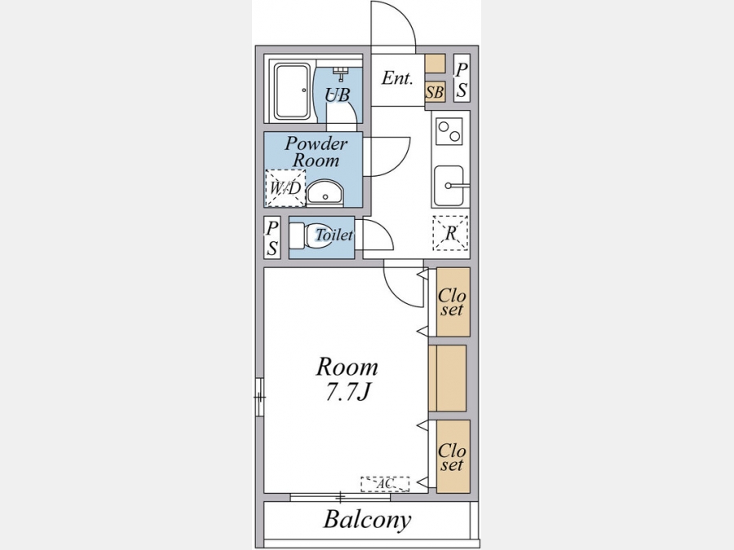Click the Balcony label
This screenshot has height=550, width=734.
pos(367,519)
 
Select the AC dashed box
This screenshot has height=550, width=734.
pos(385,484)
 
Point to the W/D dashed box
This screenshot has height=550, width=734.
pos(285,188)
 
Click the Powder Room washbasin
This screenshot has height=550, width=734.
pos(325,192)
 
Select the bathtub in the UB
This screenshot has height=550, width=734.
pos(292,91)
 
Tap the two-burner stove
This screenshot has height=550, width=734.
pos(449,130)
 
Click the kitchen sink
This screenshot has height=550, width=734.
pos(449,186)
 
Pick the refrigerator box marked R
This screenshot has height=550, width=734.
pos(450,233)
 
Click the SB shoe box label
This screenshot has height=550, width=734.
pos(435,92)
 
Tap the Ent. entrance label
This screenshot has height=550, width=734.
pos(397,78)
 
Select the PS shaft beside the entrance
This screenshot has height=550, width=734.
pos(462,78)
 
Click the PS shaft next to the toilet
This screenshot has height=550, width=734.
pos(272,237)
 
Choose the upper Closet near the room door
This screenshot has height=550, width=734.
pos(453,301)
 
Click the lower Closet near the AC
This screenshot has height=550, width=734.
pos(453,456)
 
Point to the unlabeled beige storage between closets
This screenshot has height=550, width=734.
pos(448,378)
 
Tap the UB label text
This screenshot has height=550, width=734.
pos(338,95)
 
